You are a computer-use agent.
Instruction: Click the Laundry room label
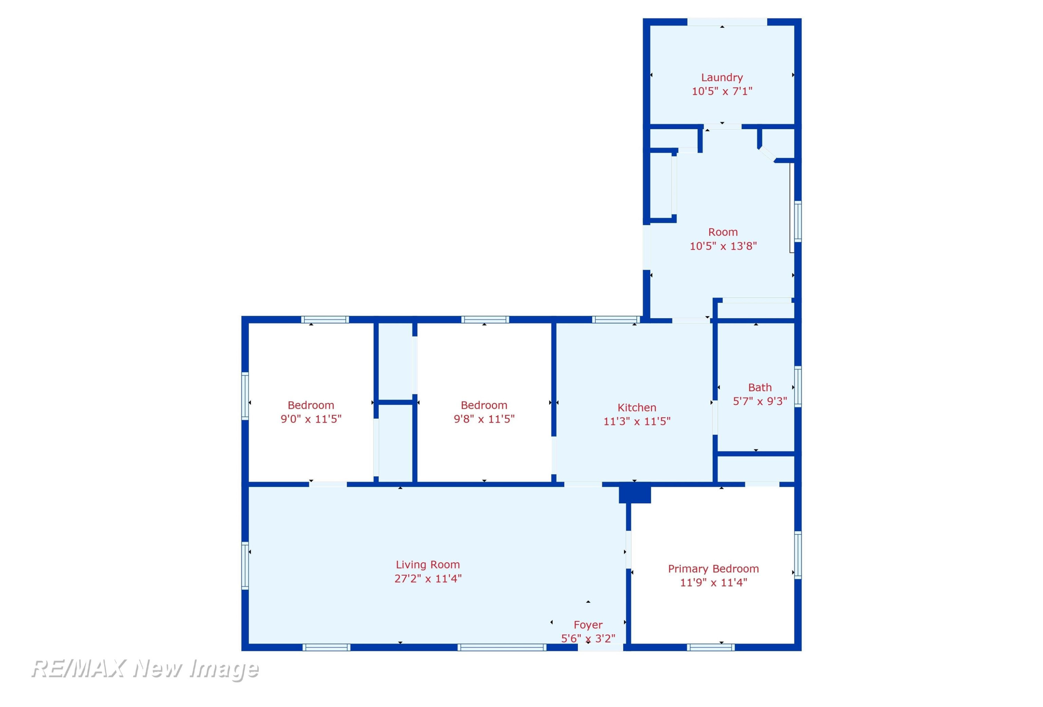tap(722, 78)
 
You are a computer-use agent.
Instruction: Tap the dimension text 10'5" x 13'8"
tap(723, 246)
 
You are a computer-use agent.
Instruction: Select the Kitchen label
tap(637, 408)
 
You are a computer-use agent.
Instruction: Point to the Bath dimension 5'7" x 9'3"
tap(760, 401)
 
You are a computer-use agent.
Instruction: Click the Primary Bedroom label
tap(713, 569)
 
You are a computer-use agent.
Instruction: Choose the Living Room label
tap(428, 565)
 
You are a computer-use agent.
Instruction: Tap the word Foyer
tap(588, 625)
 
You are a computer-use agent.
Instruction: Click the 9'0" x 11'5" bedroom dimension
tap(311, 419)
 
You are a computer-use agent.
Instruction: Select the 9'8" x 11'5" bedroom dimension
tap(484, 419)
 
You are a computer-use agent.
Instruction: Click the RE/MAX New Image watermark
tap(145, 669)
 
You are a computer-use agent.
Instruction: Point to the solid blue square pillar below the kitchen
tap(634, 493)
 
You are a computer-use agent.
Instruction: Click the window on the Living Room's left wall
tap(245, 565)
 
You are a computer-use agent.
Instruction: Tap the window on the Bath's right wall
tap(798, 387)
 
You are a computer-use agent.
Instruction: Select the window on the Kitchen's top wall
tap(616, 320)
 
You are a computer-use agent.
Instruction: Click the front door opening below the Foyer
tap(600, 647)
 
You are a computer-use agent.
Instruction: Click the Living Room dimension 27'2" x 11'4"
tap(428, 579)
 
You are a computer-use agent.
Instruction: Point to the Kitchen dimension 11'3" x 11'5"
tap(637, 421)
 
